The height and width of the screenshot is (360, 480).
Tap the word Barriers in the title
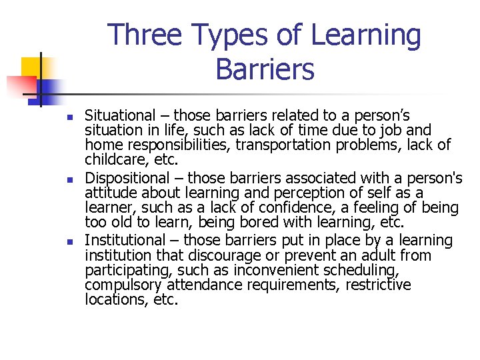click(265, 69)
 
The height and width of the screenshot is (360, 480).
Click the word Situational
click(122, 115)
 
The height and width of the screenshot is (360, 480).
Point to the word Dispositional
click(127, 178)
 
